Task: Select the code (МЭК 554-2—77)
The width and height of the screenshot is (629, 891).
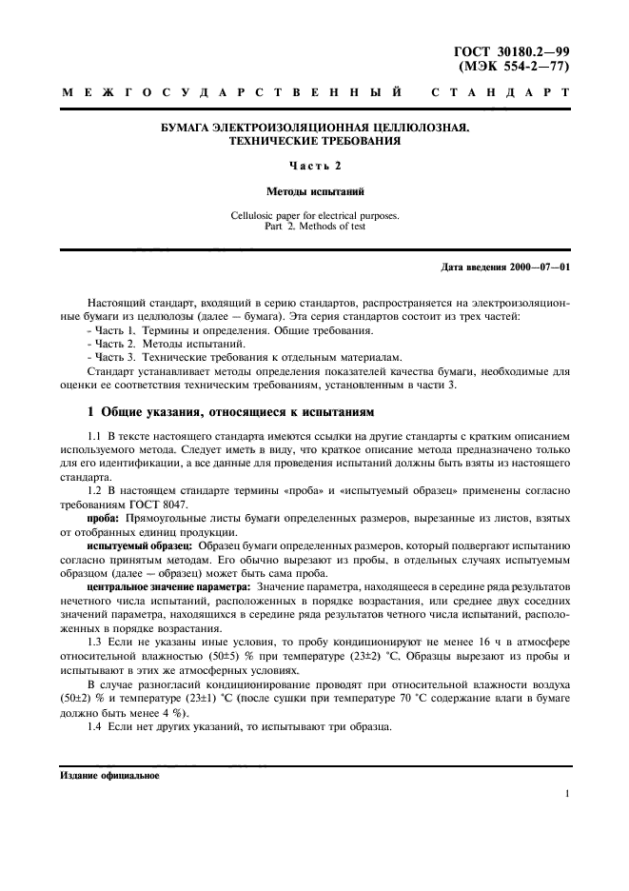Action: coord(515,68)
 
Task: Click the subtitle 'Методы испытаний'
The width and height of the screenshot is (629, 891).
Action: coord(314,191)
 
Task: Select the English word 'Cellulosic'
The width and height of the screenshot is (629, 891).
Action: coord(256,215)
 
